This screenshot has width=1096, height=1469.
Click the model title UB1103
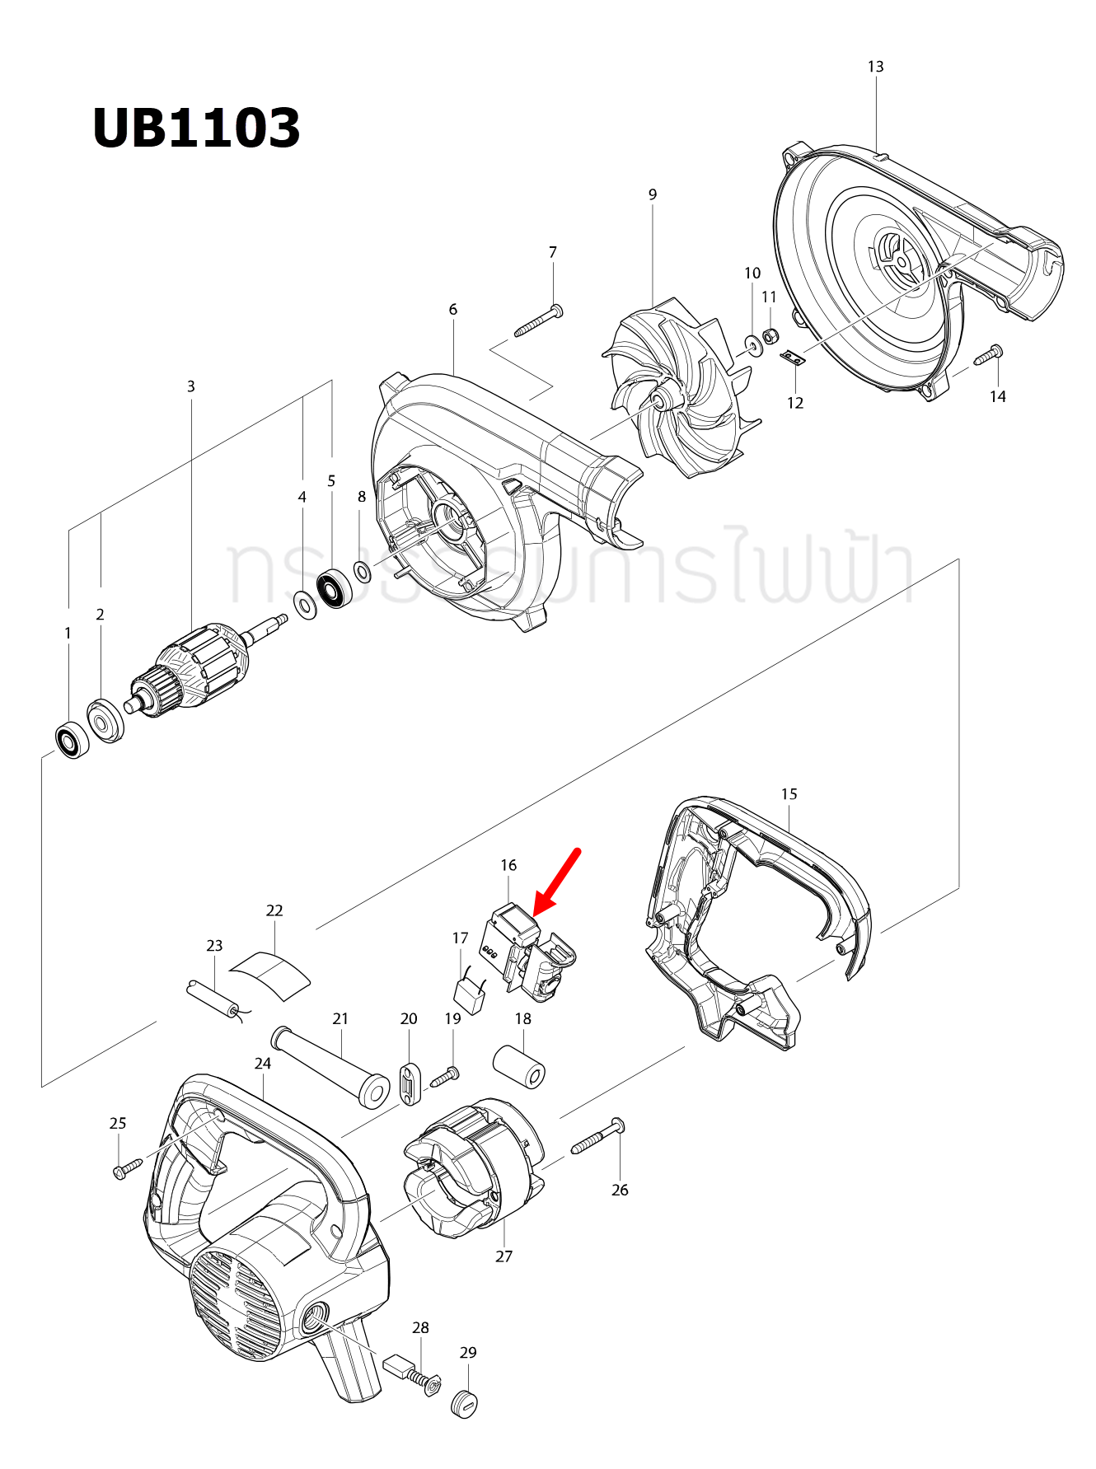(196, 129)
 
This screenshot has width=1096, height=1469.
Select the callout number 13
(875, 67)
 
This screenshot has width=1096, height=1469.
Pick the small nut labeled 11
(770, 336)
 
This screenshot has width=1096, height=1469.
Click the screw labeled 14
(988, 355)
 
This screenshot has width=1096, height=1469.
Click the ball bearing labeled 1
(73, 741)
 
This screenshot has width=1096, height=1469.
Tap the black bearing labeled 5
(334, 588)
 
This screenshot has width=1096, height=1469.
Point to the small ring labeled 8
(361, 569)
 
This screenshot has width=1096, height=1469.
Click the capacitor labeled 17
(470, 996)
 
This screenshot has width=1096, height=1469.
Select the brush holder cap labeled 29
(466, 1403)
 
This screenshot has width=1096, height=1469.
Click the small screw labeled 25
(128, 1167)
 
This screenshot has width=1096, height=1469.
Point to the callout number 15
(789, 794)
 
